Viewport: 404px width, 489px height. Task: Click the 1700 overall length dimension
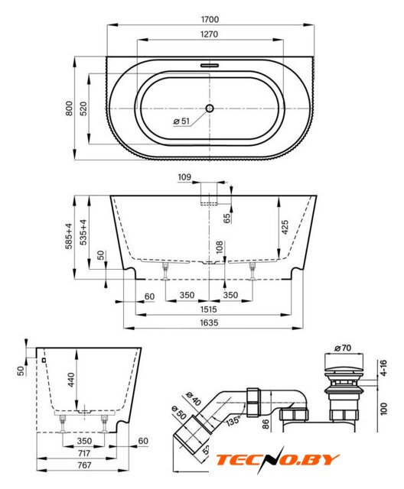pos(210,19)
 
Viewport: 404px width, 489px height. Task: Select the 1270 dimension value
pos(209,34)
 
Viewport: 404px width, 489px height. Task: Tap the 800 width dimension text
pos(69,108)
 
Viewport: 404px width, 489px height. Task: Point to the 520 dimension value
pos(83,108)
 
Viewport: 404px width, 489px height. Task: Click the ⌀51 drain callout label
pos(181,121)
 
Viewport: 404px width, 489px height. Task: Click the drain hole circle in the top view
pos(210,108)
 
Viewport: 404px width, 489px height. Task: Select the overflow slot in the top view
pos(210,66)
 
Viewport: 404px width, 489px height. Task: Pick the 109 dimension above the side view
pos(184,177)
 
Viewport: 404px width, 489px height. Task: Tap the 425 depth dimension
pos(285,228)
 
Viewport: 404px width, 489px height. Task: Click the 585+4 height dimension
pos(69,236)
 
